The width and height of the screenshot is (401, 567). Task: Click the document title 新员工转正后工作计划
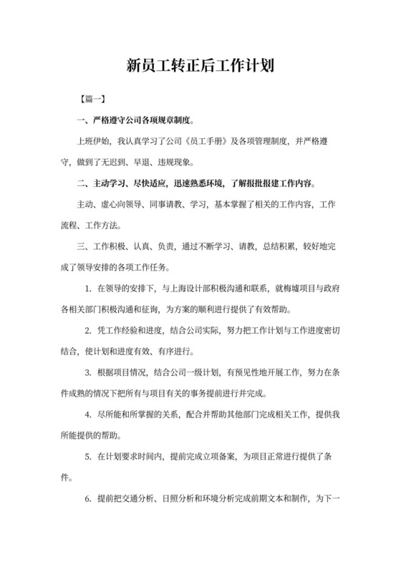200,67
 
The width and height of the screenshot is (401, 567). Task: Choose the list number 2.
88,331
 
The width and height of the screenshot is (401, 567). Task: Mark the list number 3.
88,372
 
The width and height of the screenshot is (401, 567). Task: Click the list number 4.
88,414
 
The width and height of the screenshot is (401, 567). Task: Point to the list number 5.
88,455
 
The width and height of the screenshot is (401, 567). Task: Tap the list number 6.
88,497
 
